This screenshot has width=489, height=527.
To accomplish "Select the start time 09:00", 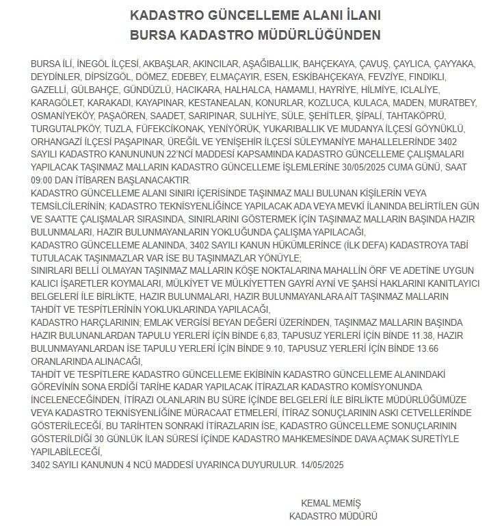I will tap(44, 181).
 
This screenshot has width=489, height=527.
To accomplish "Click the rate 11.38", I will tap(419, 336).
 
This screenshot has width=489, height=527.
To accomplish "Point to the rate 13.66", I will tap(442, 349).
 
